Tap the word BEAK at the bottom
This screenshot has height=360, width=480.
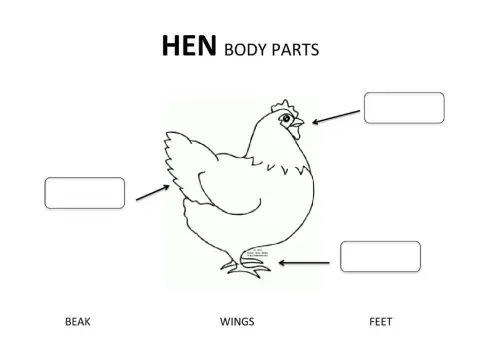coord(78,322)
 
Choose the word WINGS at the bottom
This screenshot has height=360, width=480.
coord(237,322)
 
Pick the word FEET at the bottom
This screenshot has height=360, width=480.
coord(380,322)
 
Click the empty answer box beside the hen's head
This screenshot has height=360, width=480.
coord(403,108)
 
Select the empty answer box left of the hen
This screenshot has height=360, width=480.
coord(85,193)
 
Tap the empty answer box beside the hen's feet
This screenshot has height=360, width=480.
coord(380,256)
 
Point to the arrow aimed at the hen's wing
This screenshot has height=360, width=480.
coord(151,191)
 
